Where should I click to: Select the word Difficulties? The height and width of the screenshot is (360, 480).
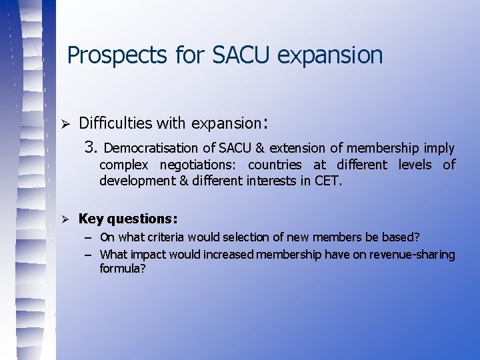click(x=115, y=123)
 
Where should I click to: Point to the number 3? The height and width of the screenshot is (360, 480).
click(x=91, y=147)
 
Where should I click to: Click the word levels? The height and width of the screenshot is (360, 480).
click(x=414, y=165)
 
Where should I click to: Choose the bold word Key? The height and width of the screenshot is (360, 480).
click(x=89, y=219)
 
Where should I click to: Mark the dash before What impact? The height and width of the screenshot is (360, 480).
click(x=88, y=255)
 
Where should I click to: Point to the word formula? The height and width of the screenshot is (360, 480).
click(x=123, y=269)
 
